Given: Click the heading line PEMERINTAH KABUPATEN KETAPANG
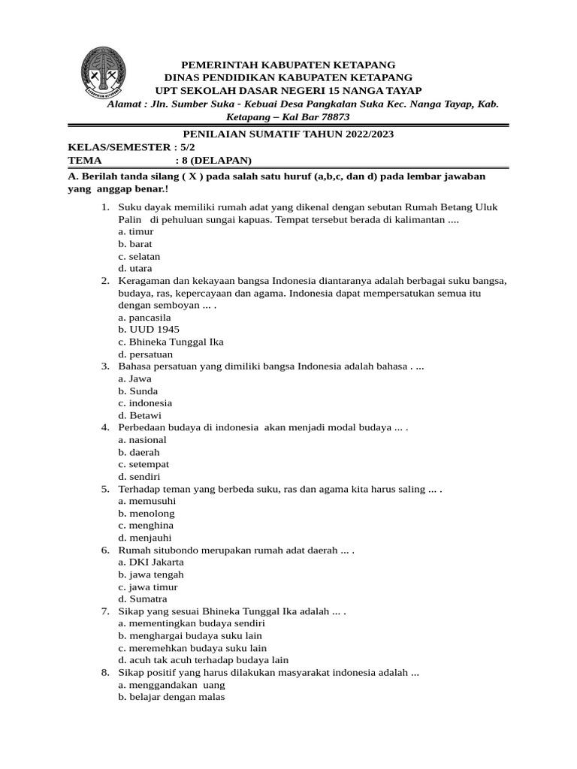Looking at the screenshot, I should (288, 65).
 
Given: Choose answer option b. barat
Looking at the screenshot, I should (135, 244).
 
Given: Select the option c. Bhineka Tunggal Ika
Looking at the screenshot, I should (171, 342).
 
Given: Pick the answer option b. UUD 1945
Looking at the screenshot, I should (149, 330).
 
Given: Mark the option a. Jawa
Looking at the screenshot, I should (135, 378).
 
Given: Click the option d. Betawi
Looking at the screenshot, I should (140, 415).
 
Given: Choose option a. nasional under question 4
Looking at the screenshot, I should (142, 439).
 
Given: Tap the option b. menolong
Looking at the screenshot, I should (147, 513).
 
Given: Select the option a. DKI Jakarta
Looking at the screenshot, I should (151, 562).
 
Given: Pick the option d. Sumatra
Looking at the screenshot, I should (143, 599).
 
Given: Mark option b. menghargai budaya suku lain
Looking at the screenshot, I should (190, 635).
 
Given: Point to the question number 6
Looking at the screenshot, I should (105, 550).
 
